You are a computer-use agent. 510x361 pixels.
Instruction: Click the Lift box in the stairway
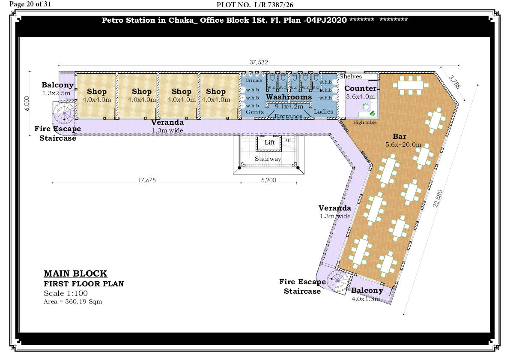coord(268,143)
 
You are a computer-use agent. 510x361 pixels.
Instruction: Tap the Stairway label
coord(268,159)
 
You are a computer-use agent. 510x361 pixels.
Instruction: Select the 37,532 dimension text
coord(259,62)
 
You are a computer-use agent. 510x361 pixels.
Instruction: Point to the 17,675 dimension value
coord(147,180)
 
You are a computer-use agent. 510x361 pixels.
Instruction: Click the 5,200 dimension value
coord(268,180)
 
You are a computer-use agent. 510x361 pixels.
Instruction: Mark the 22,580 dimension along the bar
coord(438,198)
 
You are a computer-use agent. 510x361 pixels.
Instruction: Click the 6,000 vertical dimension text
coord(27,103)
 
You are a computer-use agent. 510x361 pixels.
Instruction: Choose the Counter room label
coord(361,88)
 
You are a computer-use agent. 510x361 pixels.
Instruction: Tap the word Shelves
coord(350,76)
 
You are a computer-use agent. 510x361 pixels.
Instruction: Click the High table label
coord(365,122)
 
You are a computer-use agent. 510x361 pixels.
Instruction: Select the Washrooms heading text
coord(289,97)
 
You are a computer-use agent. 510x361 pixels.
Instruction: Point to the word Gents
coord(255,112)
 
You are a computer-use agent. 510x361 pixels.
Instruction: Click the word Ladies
coord(323,111)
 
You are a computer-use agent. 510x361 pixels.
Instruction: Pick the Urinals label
coord(254,81)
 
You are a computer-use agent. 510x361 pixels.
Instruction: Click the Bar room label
coord(400,136)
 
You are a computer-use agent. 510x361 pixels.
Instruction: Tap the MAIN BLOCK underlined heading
coord(75,274)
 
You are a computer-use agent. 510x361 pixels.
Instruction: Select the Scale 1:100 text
coord(66,293)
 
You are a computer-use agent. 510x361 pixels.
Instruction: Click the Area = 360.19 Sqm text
coord(73,301)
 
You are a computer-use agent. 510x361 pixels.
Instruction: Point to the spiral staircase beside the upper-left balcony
coord(64,113)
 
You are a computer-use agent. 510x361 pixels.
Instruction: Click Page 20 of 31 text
coord(30,4)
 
